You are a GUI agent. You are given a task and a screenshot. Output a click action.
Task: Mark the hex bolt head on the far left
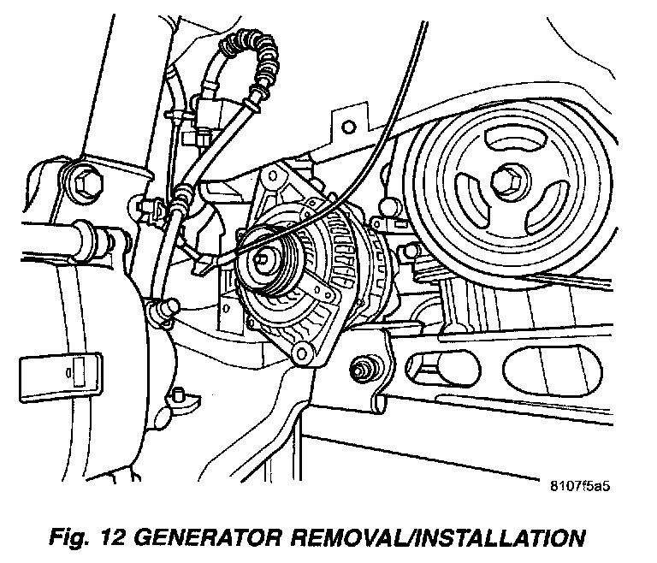tap(84, 182)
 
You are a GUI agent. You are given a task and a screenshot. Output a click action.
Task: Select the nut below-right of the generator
tap(362, 370)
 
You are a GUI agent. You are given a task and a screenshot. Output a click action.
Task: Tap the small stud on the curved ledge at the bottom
tap(179, 395)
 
